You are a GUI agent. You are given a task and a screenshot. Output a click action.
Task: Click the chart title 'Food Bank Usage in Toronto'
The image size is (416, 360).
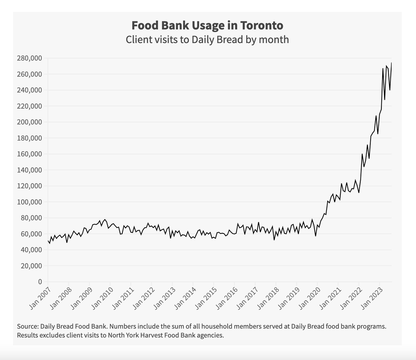(207, 25)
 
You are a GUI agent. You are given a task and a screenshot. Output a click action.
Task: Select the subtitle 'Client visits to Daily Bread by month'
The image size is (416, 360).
(207, 39)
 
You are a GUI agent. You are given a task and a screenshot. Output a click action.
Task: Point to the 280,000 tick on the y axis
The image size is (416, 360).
(29, 58)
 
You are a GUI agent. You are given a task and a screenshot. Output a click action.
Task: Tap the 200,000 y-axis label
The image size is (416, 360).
(29, 122)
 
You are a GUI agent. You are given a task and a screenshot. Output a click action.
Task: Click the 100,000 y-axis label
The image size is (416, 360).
(29, 202)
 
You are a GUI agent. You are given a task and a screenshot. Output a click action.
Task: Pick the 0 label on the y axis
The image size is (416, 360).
(40, 282)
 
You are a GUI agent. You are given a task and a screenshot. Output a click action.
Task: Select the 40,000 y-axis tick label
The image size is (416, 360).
(31, 250)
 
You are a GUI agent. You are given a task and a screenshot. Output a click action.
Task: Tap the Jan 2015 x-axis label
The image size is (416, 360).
(206, 298)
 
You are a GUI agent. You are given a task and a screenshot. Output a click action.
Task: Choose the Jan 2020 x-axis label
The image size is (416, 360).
(309, 298)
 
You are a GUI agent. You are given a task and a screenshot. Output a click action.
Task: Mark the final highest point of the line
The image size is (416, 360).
(391, 63)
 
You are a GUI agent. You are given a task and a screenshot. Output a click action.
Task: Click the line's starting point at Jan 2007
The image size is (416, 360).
(48, 240)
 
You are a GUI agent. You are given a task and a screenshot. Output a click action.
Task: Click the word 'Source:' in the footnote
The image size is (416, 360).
(28, 326)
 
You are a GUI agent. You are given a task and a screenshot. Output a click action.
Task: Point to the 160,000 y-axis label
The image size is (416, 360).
(29, 154)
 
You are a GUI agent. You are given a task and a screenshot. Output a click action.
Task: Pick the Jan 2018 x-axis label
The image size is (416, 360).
(268, 298)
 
